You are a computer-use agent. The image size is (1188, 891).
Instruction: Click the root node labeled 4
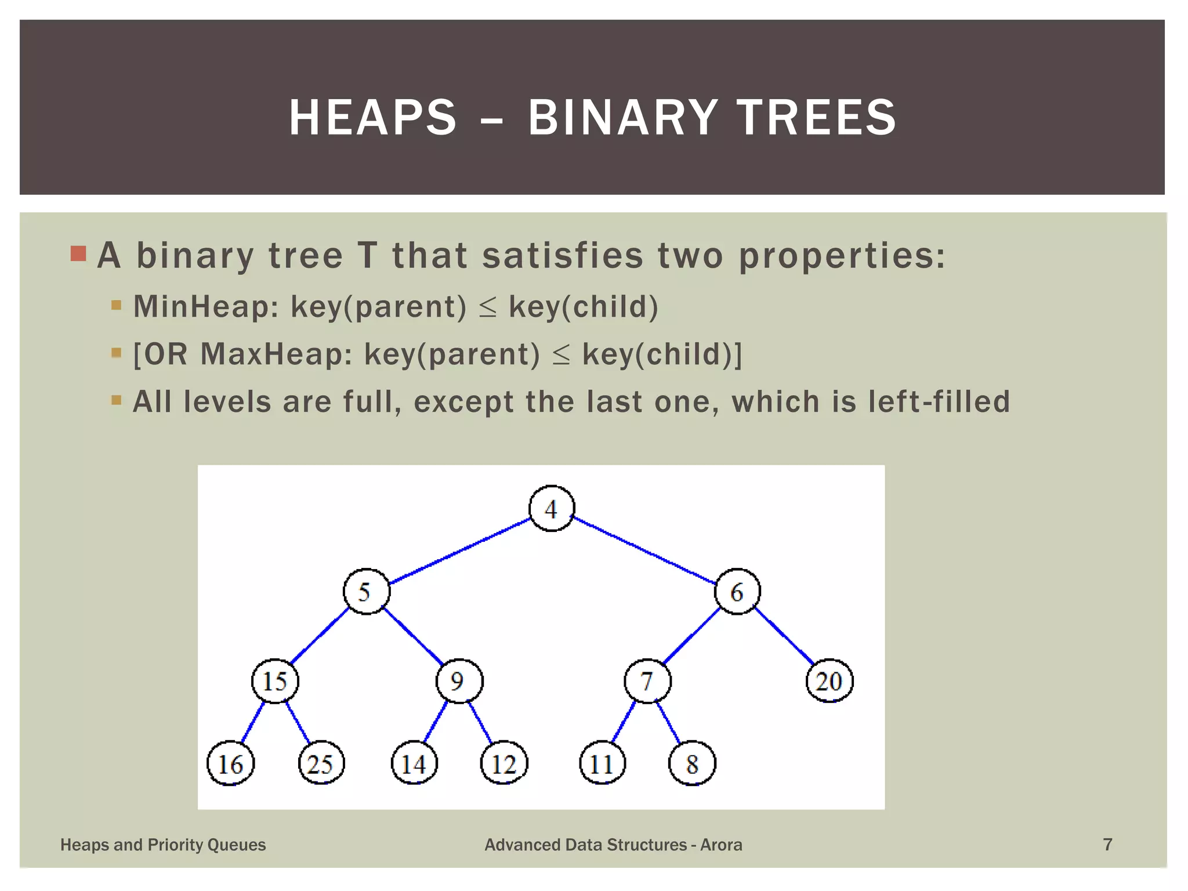[x=552, y=509]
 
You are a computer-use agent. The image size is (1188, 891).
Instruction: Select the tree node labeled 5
[x=366, y=592]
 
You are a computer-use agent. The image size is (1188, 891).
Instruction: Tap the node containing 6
[x=737, y=592]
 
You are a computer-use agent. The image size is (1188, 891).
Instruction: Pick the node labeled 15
[x=275, y=681]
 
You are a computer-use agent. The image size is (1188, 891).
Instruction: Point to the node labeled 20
[x=830, y=681]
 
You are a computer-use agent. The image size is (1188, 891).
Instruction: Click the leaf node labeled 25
[x=321, y=763]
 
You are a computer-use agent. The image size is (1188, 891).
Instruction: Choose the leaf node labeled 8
[x=692, y=763]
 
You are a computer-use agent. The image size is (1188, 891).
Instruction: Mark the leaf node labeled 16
[x=230, y=763]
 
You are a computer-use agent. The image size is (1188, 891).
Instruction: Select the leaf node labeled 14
[x=414, y=763]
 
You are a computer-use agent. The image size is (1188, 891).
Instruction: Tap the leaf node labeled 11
[x=603, y=763]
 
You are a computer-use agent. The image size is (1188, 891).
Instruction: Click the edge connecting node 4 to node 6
[x=644, y=550]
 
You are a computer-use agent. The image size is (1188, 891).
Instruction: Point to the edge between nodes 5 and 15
[x=320, y=636]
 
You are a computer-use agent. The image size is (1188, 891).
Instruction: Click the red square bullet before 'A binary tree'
[x=78, y=253]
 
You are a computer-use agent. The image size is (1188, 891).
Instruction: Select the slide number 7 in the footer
[x=1107, y=845]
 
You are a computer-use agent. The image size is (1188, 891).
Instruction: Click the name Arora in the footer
[x=721, y=845]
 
